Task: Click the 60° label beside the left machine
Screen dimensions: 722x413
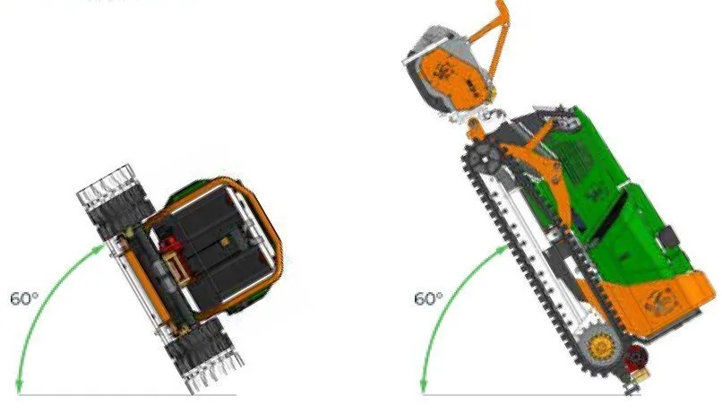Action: (24, 298)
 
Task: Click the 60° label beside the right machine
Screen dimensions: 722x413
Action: (428, 298)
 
